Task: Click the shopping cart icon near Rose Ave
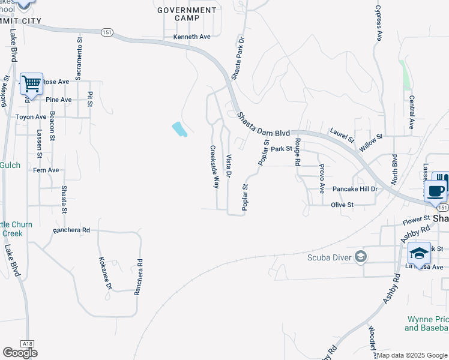(x=31, y=83)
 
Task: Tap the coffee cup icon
(x=436, y=191)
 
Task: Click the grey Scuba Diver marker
(x=360, y=257)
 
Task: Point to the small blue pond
(x=179, y=128)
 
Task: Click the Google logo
(x=20, y=353)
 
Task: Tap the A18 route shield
(x=26, y=343)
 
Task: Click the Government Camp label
(x=187, y=14)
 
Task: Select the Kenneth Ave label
(x=192, y=37)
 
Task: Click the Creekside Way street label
(x=214, y=167)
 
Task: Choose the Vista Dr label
(x=229, y=166)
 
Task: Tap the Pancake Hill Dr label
(x=355, y=188)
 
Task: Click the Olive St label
(x=342, y=205)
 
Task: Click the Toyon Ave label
(x=31, y=116)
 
